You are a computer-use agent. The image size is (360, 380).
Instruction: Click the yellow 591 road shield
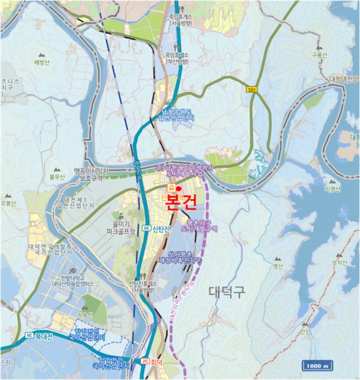[251, 90]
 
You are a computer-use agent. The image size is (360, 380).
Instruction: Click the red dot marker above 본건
[179, 188]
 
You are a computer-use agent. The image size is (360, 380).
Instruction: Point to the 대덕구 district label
[228, 292]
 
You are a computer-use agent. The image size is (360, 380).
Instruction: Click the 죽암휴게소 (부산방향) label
[176, 59]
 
